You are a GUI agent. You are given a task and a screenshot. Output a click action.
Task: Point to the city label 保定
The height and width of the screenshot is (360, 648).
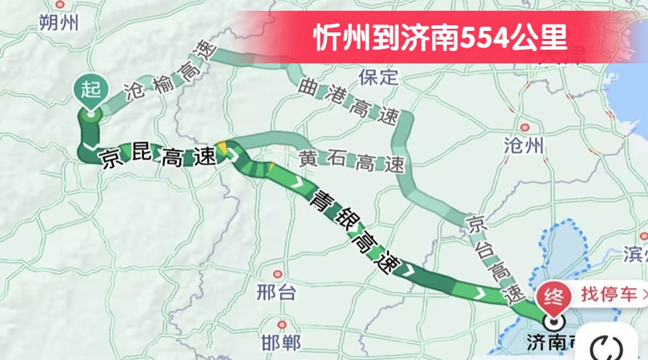pyautogui.click(x=379, y=77)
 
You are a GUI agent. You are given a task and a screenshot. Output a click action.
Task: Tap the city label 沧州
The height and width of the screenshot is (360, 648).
pyautogui.click(x=523, y=147)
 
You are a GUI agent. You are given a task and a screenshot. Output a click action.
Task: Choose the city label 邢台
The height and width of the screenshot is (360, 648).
pyautogui.click(x=276, y=292)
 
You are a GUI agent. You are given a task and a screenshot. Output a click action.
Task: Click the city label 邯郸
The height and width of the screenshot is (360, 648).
pyautogui.click(x=282, y=341)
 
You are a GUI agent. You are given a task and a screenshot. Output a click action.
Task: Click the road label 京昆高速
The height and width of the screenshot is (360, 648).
pyautogui.click(x=159, y=156)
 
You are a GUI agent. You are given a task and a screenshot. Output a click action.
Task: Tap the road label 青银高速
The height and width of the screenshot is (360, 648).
pyautogui.click(x=352, y=231)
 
